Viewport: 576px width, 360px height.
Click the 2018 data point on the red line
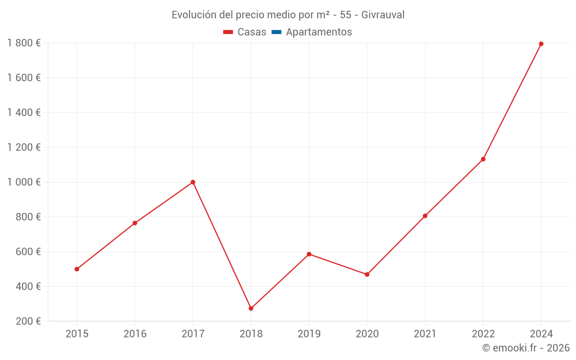tap(251, 308)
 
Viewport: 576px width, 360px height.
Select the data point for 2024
tap(541, 44)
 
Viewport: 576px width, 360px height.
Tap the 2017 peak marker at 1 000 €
tap(193, 182)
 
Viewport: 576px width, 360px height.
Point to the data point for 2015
tap(77, 269)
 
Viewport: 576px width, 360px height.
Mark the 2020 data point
tap(367, 274)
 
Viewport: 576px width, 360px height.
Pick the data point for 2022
tap(483, 159)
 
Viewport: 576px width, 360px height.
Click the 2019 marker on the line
tap(309, 254)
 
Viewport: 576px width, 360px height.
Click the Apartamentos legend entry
tap(319, 32)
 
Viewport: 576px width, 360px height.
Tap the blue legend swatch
tap(276, 32)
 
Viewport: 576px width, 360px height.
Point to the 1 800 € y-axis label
tap(24, 43)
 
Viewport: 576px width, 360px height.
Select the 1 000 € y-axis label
tap(24, 182)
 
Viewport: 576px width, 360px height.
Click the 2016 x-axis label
tap(135, 334)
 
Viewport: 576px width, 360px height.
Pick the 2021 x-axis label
tap(425, 334)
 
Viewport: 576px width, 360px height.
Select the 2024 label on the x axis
tap(541, 334)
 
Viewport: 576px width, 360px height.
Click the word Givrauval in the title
tap(383, 14)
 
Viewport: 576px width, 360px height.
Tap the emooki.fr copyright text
tap(526, 348)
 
